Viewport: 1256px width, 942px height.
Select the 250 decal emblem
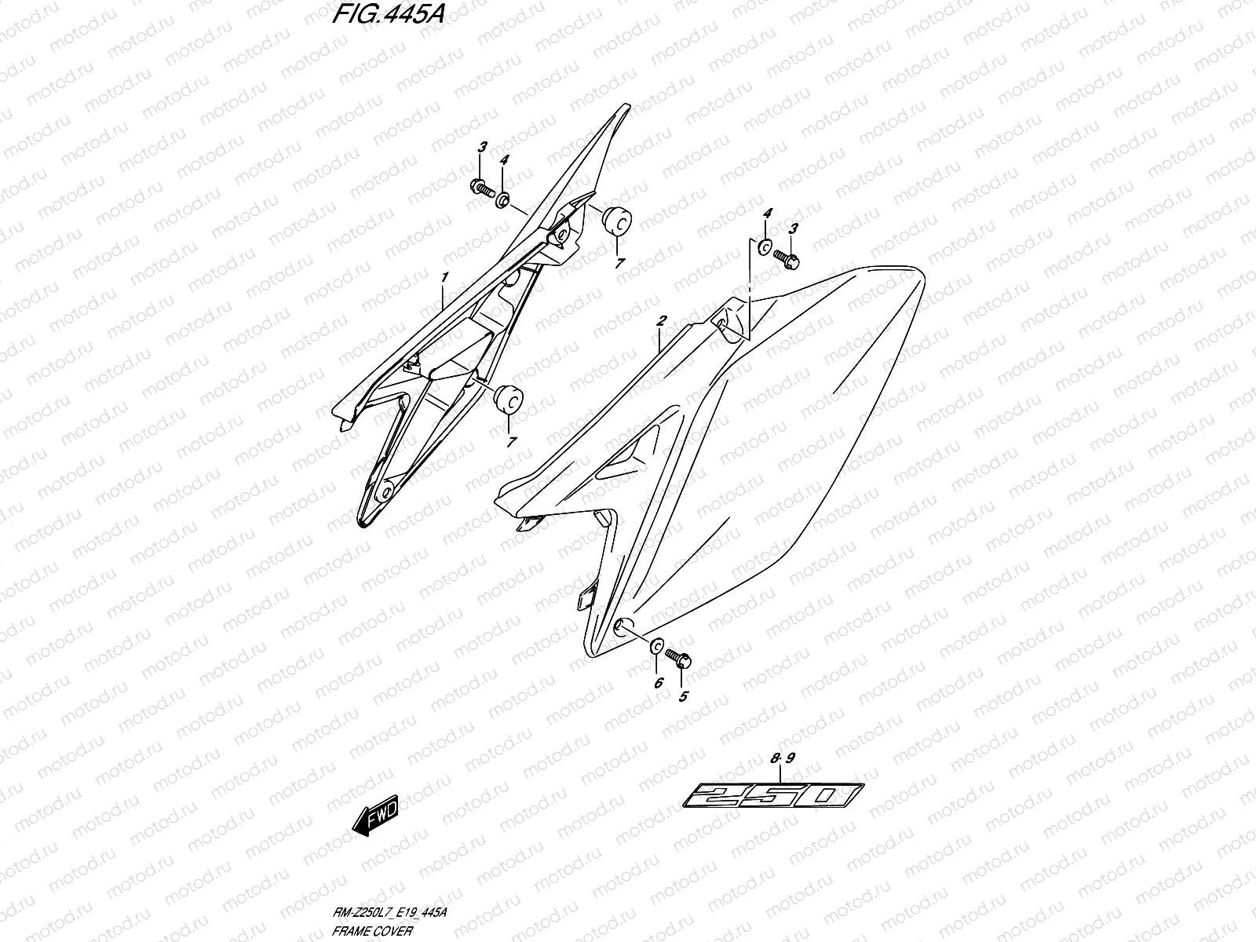(773, 795)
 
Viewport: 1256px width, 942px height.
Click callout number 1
(444, 277)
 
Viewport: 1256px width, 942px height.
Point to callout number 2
(662, 320)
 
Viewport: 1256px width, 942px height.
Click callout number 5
(683, 696)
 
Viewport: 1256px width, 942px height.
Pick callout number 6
(658, 683)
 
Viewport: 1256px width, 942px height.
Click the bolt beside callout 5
(677, 657)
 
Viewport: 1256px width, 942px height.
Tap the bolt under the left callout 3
(480, 188)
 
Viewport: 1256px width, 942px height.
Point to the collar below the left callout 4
(502, 197)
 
